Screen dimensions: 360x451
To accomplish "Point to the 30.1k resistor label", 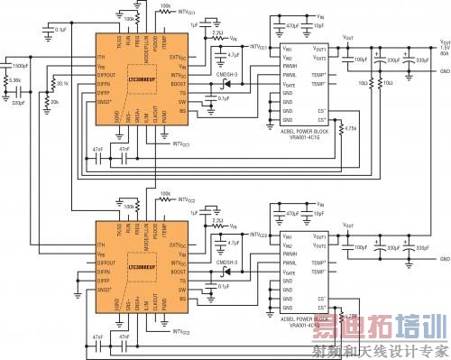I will pos(62,85).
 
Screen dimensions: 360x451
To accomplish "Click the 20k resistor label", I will pos(55,102).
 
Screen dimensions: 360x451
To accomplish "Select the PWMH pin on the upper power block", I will pos(290,64).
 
